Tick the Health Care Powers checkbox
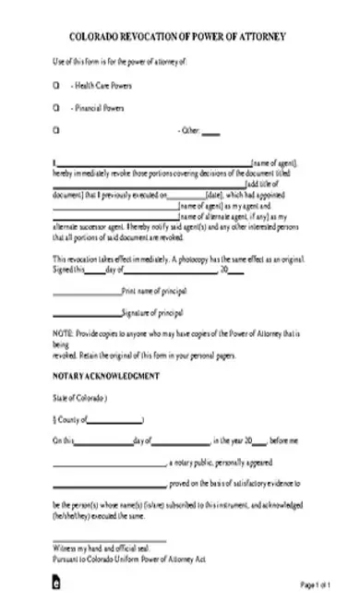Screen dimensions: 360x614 56,85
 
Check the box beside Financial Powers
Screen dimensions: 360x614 56,108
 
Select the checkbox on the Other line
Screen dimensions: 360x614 56,131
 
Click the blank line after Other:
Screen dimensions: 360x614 210,133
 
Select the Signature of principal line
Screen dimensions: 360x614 86,314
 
